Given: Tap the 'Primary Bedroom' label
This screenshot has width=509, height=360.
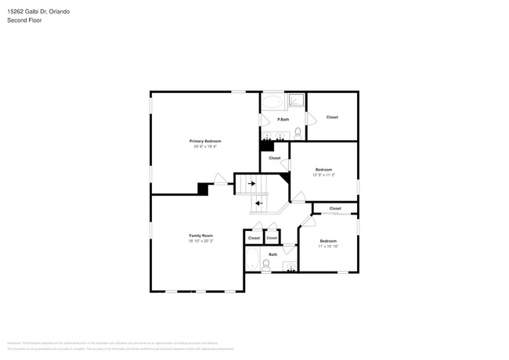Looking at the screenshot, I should pyautogui.click(x=205, y=141).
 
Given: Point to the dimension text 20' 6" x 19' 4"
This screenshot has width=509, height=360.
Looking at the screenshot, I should pyautogui.click(x=205, y=146).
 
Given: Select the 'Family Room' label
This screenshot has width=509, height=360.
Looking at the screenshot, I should pyautogui.click(x=200, y=236).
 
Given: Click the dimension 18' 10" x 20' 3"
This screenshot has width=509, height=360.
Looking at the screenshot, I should pyautogui.click(x=200, y=241).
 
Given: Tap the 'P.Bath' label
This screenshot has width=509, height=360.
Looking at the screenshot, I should pyautogui.click(x=283, y=119).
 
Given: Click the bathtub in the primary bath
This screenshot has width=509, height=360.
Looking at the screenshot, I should pyautogui.click(x=273, y=101).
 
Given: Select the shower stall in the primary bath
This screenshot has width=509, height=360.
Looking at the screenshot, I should pyautogui.click(x=296, y=100).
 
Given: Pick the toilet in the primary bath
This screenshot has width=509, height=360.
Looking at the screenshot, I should pyautogui.click(x=298, y=131).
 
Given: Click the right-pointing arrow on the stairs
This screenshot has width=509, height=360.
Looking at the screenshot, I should pyautogui.click(x=251, y=184).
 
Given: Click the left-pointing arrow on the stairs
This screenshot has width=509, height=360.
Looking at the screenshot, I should pyautogui.click(x=259, y=203).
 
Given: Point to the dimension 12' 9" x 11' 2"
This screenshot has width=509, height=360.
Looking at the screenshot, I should pyautogui.click(x=324, y=175).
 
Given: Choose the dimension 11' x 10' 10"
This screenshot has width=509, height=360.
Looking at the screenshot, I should pyautogui.click(x=327, y=246).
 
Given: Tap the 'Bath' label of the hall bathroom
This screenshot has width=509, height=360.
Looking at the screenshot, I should pyautogui.click(x=273, y=254).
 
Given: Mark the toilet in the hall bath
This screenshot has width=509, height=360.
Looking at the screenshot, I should pyautogui.click(x=267, y=265).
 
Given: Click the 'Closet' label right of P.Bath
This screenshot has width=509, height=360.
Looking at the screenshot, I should pyautogui.click(x=332, y=117).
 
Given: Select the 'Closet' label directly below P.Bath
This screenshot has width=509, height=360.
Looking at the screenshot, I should pyautogui.click(x=274, y=158).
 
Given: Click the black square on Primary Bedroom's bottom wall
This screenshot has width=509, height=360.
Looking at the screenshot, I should pyautogui.click(x=203, y=189).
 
